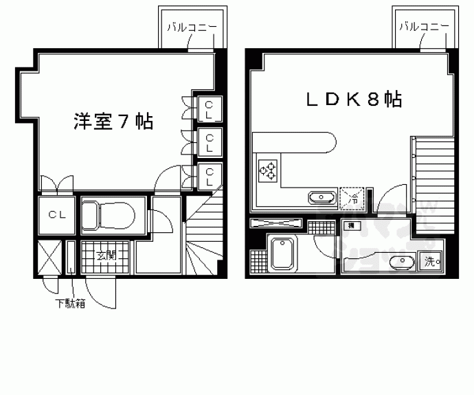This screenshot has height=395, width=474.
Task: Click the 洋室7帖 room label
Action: click(x=113, y=122)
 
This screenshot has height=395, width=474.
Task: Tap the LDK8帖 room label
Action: click(x=354, y=100)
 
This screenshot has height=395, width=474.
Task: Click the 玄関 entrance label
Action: click(x=104, y=256)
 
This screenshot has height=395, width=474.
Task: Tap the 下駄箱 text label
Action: click(x=71, y=303)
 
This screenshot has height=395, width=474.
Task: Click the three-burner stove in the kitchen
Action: click(x=269, y=170)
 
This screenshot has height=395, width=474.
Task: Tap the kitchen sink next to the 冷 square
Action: click(x=322, y=199)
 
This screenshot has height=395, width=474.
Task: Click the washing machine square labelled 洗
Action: click(x=431, y=261)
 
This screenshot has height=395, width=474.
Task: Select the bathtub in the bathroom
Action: click(x=282, y=253)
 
